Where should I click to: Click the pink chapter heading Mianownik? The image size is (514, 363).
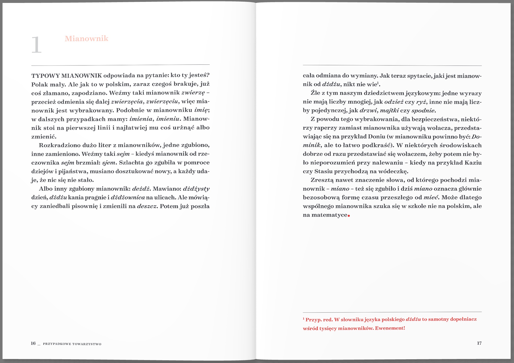click(x=86, y=39)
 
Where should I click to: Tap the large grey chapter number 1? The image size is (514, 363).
click(x=36, y=45)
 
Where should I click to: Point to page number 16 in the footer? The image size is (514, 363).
click(x=33, y=343)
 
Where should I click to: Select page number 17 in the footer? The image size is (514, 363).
click(x=479, y=343)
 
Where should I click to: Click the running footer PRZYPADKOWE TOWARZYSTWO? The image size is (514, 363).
click(x=72, y=344)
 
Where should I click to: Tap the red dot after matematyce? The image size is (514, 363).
click(x=349, y=216)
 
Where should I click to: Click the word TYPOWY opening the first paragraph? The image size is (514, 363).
click(x=45, y=76)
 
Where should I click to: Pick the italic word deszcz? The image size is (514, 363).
click(x=147, y=206)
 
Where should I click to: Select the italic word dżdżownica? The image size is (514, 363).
click(x=128, y=197)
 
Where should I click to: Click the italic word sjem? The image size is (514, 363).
click(x=109, y=163)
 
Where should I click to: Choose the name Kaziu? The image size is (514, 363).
click(x=473, y=163)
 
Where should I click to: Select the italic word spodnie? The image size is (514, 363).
click(x=423, y=110)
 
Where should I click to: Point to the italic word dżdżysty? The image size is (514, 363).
click(x=196, y=189)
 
